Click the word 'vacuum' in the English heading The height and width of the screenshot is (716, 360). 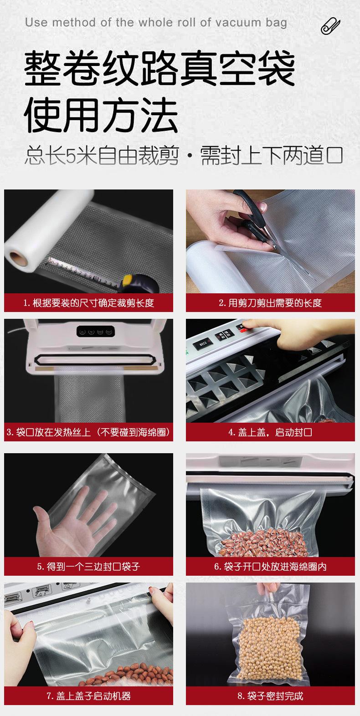point(238,23)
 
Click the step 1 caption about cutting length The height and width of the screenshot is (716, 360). point(88,303)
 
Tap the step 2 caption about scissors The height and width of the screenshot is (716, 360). point(270,303)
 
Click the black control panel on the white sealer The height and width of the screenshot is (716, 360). point(95,331)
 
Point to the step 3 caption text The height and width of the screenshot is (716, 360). point(88,432)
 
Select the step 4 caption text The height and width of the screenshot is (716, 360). point(270,432)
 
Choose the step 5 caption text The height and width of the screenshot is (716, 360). point(88,567)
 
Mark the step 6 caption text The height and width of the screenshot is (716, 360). point(270,567)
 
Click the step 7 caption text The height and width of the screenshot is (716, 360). point(88,696)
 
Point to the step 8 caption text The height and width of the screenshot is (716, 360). point(270,696)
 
